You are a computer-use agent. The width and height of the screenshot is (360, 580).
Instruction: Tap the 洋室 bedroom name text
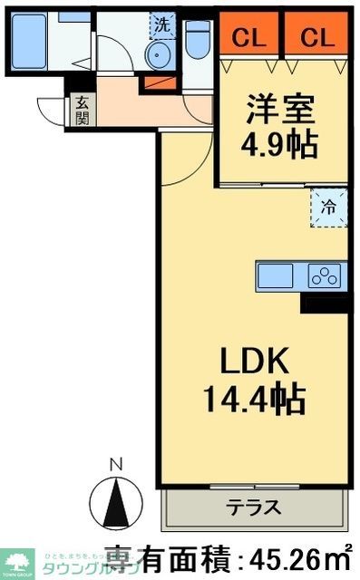[282, 113]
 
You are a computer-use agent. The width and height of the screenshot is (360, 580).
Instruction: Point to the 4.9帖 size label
[282, 146]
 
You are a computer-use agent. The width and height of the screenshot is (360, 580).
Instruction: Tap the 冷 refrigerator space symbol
[329, 208]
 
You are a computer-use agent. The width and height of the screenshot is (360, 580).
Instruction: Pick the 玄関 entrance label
[82, 111]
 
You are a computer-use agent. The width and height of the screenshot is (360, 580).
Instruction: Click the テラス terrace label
[254, 507]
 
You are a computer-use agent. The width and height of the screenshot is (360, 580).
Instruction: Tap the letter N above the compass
[115, 465]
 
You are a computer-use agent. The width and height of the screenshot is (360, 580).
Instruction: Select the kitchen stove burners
[323, 275]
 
